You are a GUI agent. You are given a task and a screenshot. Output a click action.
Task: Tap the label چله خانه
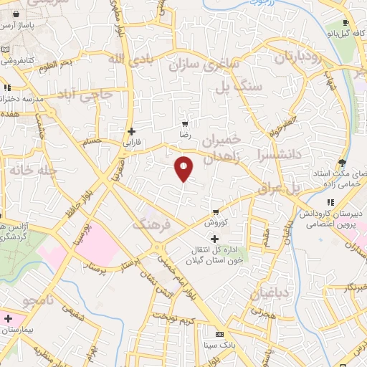[x=32, y=172]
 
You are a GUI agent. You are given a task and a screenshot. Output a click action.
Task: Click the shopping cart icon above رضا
[x=186, y=123]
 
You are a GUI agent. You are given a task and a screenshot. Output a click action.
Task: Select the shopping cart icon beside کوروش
[x=215, y=212]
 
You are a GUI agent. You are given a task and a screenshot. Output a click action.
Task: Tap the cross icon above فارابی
[x=131, y=131]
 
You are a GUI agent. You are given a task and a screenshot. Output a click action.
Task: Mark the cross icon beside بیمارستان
[x=8, y=318]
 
